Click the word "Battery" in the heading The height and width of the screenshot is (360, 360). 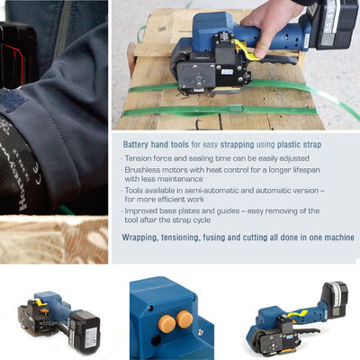[x=136, y=145]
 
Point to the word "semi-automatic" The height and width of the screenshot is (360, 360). [x=208, y=191]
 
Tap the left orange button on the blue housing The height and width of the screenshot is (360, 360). [x=166, y=324]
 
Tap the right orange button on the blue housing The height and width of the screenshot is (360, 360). [x=184, y=319]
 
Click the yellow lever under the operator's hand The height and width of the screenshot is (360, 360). [x=247, y=50]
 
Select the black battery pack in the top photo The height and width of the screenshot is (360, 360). [x=333, y=24]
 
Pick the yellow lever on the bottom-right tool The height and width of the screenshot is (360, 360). [x=297, y=315]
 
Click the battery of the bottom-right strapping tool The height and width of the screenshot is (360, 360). [x=335, y=299]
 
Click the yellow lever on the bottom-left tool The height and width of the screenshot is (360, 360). [x=41, y=302]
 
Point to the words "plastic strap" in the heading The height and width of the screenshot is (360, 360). [x=299, y=145]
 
